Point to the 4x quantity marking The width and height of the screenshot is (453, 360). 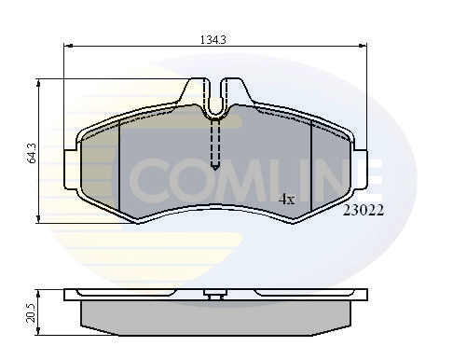[286, 199]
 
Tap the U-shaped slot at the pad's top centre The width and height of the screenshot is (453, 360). [215, 105]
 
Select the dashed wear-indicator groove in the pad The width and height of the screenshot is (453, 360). [215, 140]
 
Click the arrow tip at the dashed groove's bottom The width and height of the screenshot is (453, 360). [215, 168]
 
